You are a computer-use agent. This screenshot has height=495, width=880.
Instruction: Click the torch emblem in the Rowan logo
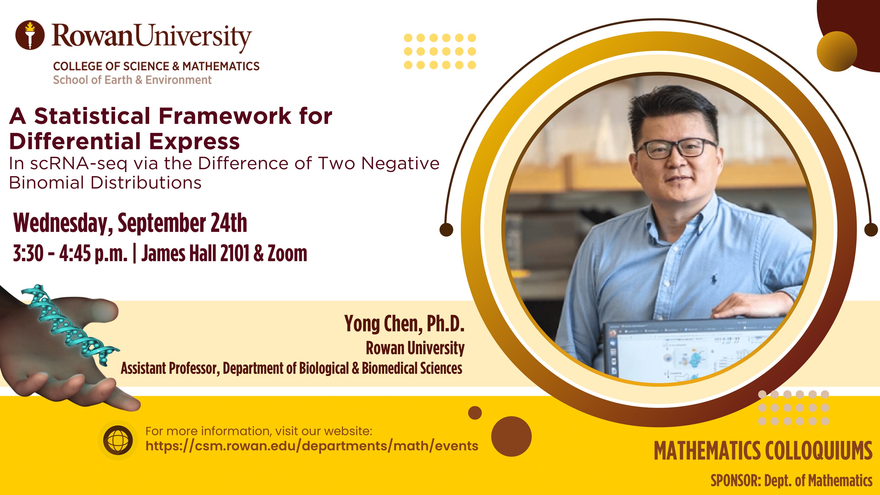click(30, 35)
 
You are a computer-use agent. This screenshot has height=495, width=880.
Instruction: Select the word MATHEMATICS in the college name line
click(221, 66)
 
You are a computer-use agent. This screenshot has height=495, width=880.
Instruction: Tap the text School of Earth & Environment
click(132, 80)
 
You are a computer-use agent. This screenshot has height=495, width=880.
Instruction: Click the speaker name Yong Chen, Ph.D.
click(404, 324)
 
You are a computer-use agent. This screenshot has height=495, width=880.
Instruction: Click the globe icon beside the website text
click(118, 440)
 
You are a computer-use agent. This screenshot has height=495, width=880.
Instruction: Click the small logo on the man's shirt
click(714, 279)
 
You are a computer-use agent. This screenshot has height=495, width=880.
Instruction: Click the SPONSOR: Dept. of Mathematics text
click(791, 481)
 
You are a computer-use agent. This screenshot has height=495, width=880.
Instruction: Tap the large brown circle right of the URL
click(511, 436)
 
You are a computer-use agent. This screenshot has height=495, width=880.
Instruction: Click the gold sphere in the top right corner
click(837, 51)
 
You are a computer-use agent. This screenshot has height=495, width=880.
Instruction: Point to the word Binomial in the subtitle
click(46, 183)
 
